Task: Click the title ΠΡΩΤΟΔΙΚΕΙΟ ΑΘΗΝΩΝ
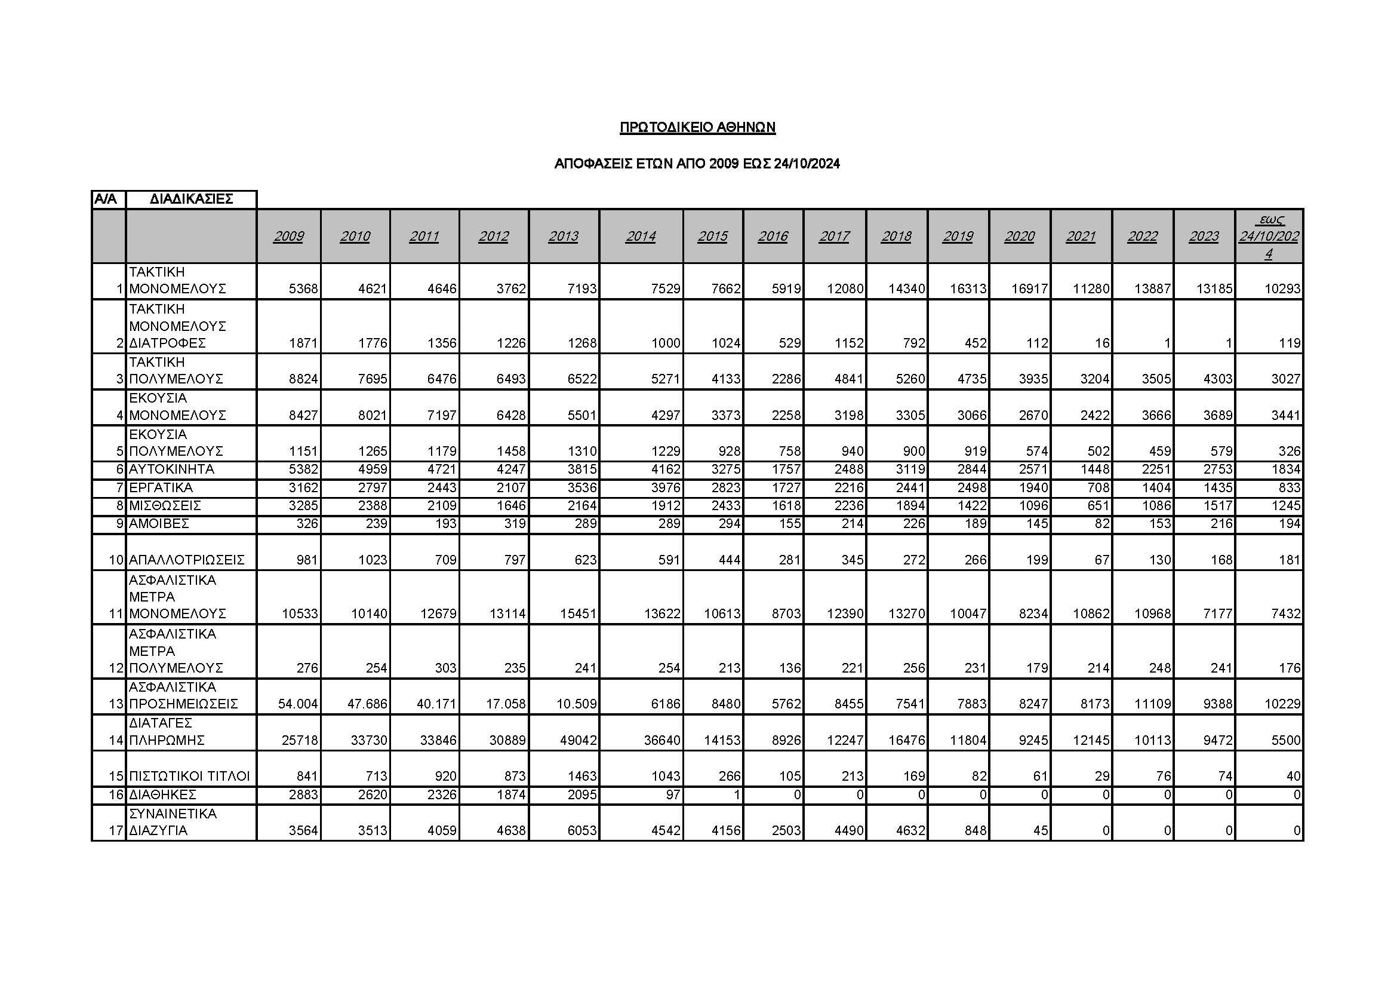[697, 127]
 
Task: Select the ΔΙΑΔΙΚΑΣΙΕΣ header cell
[191, 199]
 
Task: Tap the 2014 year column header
[641, 236]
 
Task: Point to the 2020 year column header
[1019, 236]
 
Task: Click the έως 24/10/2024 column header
[1269, 236]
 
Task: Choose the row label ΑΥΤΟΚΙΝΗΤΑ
[163, 470]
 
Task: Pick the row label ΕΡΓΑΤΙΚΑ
[161, 487]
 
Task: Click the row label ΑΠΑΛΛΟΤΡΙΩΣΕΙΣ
[186, 560]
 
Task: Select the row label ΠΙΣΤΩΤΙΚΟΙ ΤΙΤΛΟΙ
[189, 776]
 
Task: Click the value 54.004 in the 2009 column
[298, 704]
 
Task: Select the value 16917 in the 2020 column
[1029, 289]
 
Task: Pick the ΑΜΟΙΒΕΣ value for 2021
[1101, 523]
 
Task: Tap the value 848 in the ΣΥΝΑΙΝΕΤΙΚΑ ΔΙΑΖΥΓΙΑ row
[976, 830]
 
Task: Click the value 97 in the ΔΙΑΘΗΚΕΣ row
[673, 794]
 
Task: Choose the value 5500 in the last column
[1284, 740]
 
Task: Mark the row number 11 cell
[116, 613]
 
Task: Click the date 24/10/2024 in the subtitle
[807, 164]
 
